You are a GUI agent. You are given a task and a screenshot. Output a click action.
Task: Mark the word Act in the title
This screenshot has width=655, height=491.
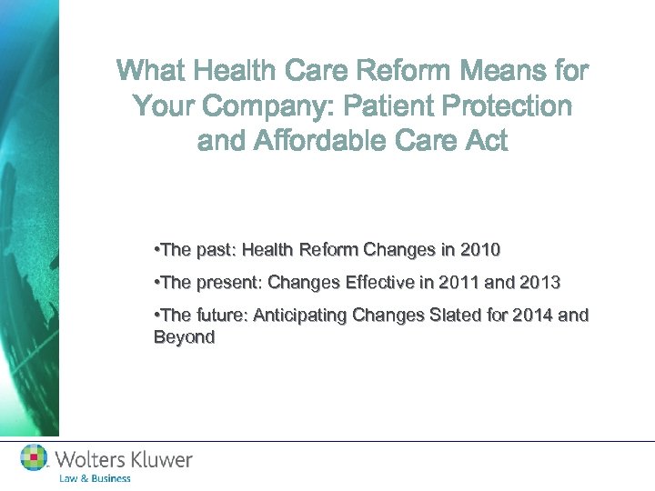click(x=483, y=142)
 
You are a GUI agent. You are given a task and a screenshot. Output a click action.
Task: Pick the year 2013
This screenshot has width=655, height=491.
click(x=538, y=284)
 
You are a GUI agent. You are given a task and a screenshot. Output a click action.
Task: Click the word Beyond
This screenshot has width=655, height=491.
click(x=185, y=337)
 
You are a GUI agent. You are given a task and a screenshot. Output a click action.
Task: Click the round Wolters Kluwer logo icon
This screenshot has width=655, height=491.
click(x=35, y=458)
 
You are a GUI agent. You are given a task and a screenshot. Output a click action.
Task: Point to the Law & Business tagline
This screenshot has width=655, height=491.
click(x=95, y=478)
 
